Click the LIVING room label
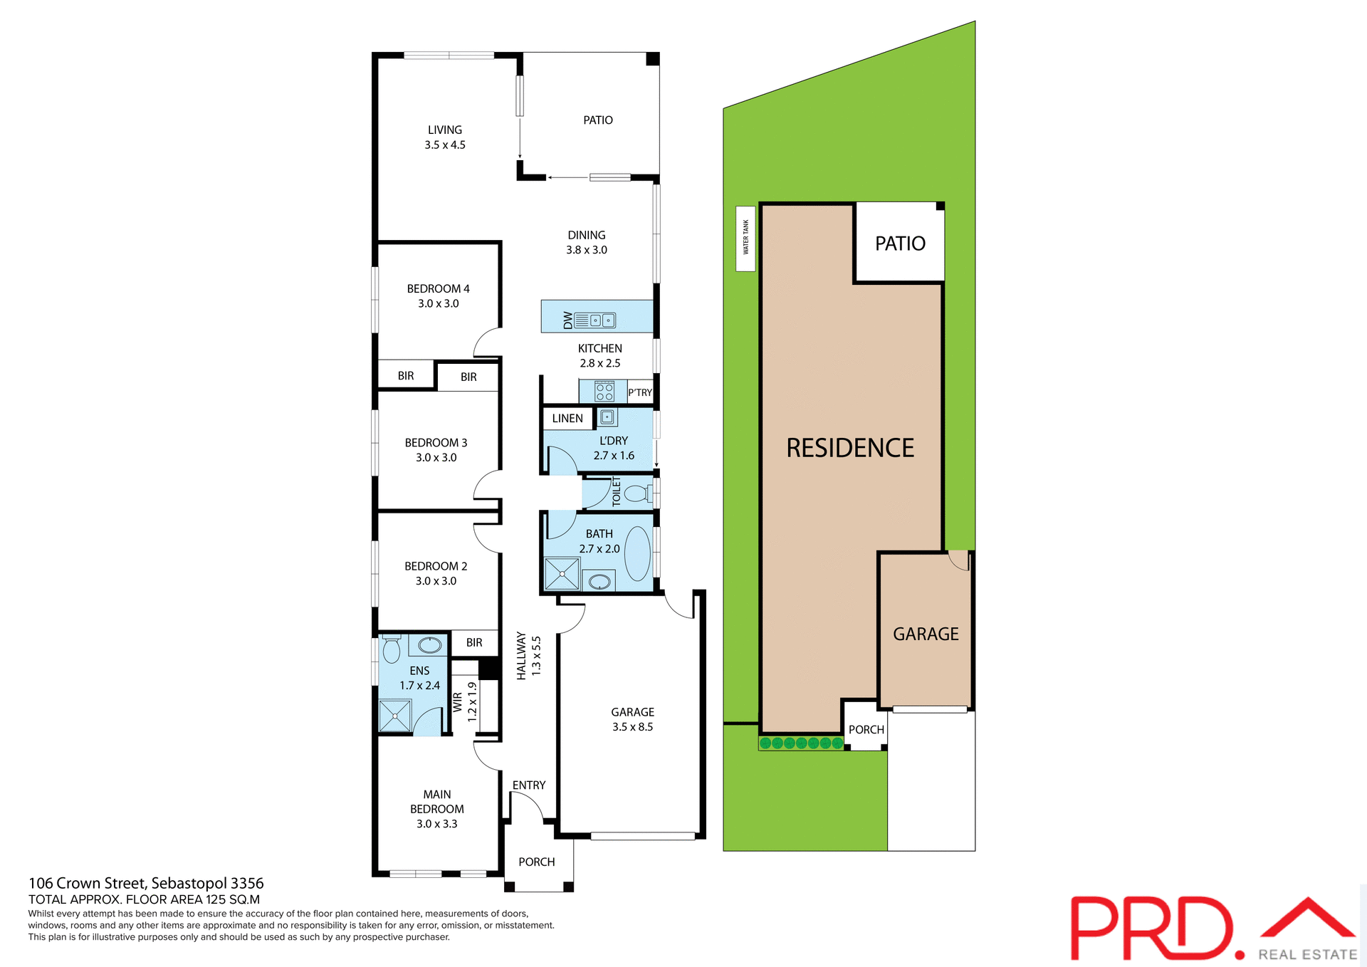coord(444,130)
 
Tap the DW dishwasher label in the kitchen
coord(567,320)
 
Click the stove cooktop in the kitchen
coord(604,391)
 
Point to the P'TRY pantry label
coord(639,392)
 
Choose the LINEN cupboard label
coord(567,419)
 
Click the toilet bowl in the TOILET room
coord(636,493)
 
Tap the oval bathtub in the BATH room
coord(637,553)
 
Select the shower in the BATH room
coord(562,574)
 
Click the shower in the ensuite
coord(394,716)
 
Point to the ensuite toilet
coord(391,649)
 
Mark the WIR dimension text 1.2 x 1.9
coord(472,701)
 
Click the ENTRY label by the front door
coord(528,785)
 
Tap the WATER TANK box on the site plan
coord(745,238)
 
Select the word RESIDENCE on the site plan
coord(849,448)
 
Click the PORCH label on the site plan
coord(866,730)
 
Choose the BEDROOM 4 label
coord(438,289)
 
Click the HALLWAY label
coord(521,656)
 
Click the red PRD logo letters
coord(1150,927)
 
